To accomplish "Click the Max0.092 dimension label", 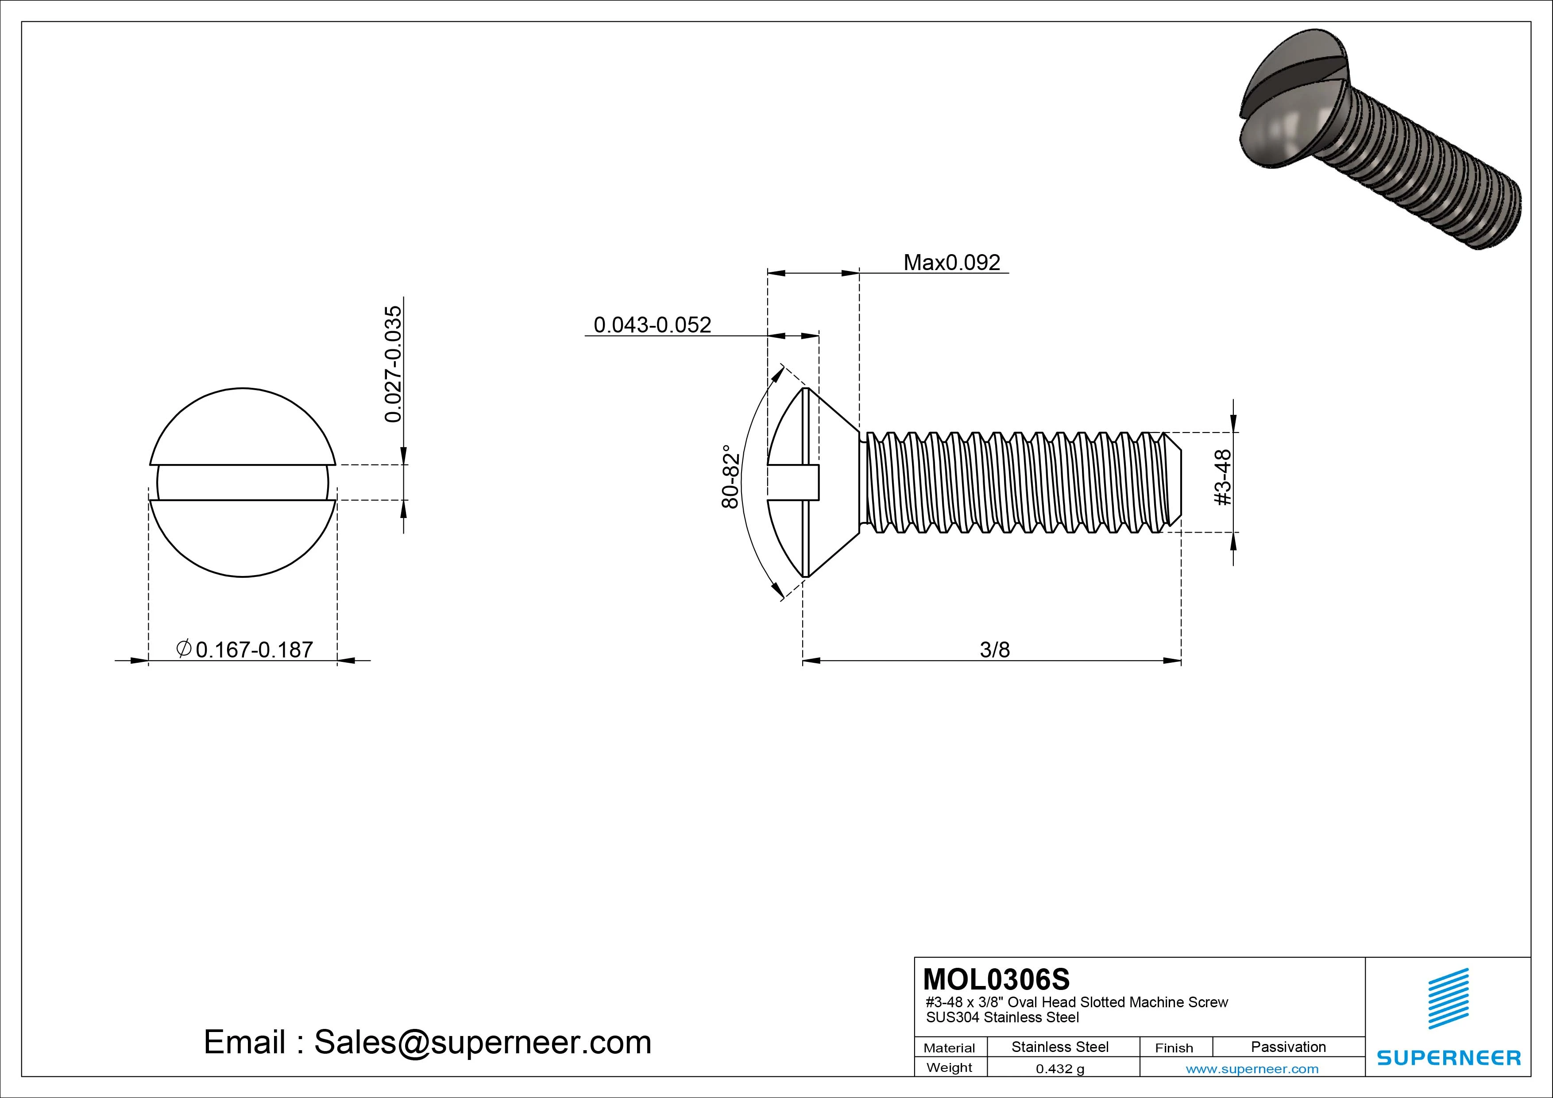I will [952, 263].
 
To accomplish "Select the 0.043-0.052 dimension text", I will [652, 325].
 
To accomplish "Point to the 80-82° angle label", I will [730, 476].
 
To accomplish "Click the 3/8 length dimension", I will [994, 650].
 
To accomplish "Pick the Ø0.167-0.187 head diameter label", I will [245, 650].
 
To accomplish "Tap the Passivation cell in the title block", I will [1288, 1047].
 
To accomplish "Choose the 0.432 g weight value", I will [1060, 1069].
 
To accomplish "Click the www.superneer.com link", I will [1252, 1069].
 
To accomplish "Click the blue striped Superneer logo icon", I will [1448, 998].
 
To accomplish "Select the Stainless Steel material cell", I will [1060, 1047].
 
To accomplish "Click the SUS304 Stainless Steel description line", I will [1002, 1017].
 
